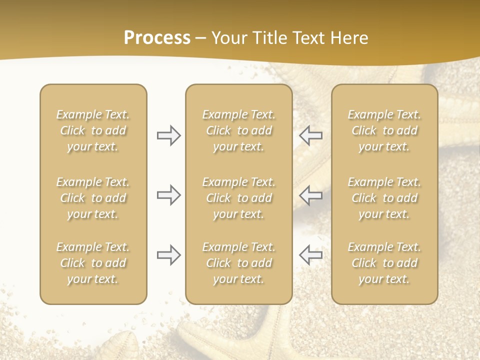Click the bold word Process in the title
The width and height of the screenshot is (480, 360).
pyautogui.click(x=157, y=38)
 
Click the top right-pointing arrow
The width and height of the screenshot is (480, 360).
pyautogui.click(x=168, y=135)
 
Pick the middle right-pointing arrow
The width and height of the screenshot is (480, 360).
pyautogui.click(x=168, y=195)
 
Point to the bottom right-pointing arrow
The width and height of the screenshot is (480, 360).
pyautogui.click(x=168, y=254)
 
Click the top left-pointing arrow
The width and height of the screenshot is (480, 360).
pyautogui.click(x=311, y=135)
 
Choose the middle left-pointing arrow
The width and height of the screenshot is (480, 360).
pyautogui.click(x=311, y=195)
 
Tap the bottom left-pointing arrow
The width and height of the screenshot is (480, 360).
pyautogui.click(x=311, y=254)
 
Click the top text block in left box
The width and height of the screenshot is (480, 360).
pyautogui.click(x=93, y=130)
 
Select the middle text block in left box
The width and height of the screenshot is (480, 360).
pyautogui.click(x=93, y=198)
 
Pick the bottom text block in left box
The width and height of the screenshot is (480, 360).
pyautogui.click(x=93, y=263)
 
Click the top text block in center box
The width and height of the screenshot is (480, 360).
pyautogui.click(x=238, y=130)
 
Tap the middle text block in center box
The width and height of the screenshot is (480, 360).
pyautogui.click(x=238, y=198)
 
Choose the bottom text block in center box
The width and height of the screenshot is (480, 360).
pyautogui.click(x=238, y=263)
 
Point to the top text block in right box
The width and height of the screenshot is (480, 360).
pyautogui.click(x=384, y=130)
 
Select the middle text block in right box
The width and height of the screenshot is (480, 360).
pyautogui.click(x=384, y=198)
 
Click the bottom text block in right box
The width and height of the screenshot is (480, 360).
pyautogui.click(x=384, y=263)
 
